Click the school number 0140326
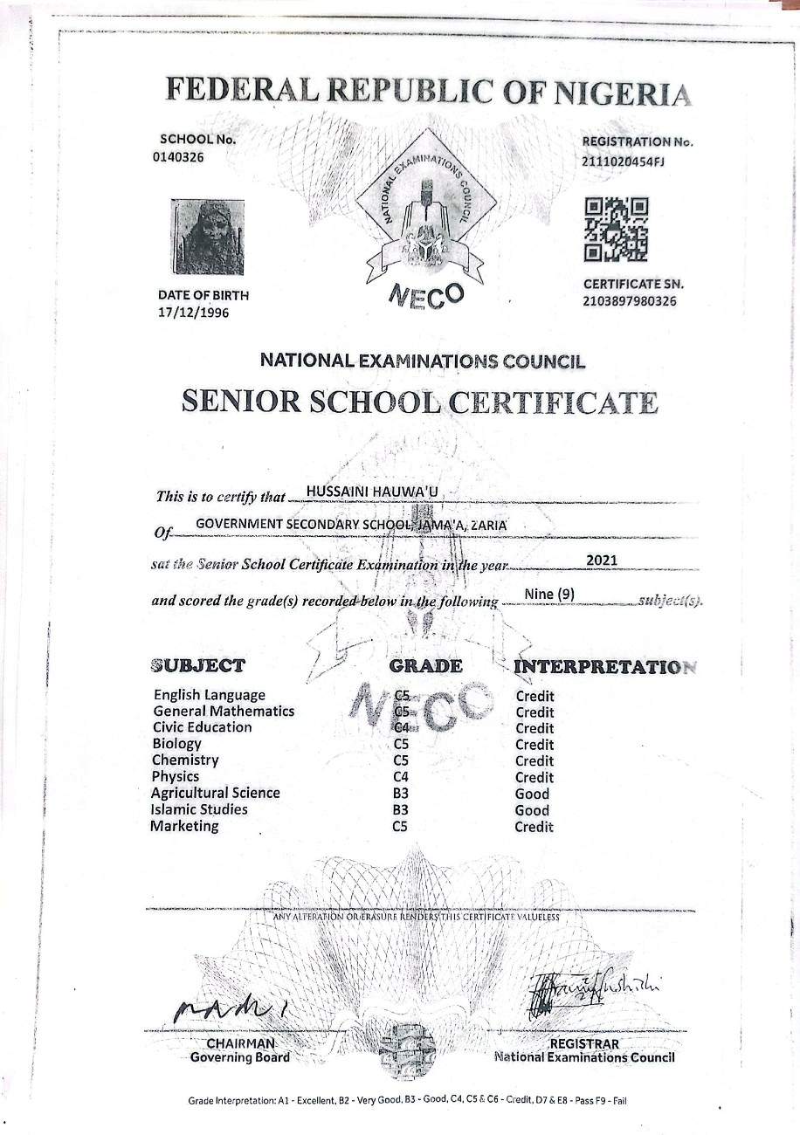pos(182,157)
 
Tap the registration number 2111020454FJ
pos(623,160)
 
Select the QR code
pos(616,230)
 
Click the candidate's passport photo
pos(207,237)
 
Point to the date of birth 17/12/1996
pos(194,313)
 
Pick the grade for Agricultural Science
pos(402,794)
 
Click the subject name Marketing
pos(184,826)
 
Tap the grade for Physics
pos(402,777)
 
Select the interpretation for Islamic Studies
pos(532,810)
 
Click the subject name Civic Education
pos(202,727)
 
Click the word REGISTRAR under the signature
pos(584,1044)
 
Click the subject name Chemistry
pos(185,760)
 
